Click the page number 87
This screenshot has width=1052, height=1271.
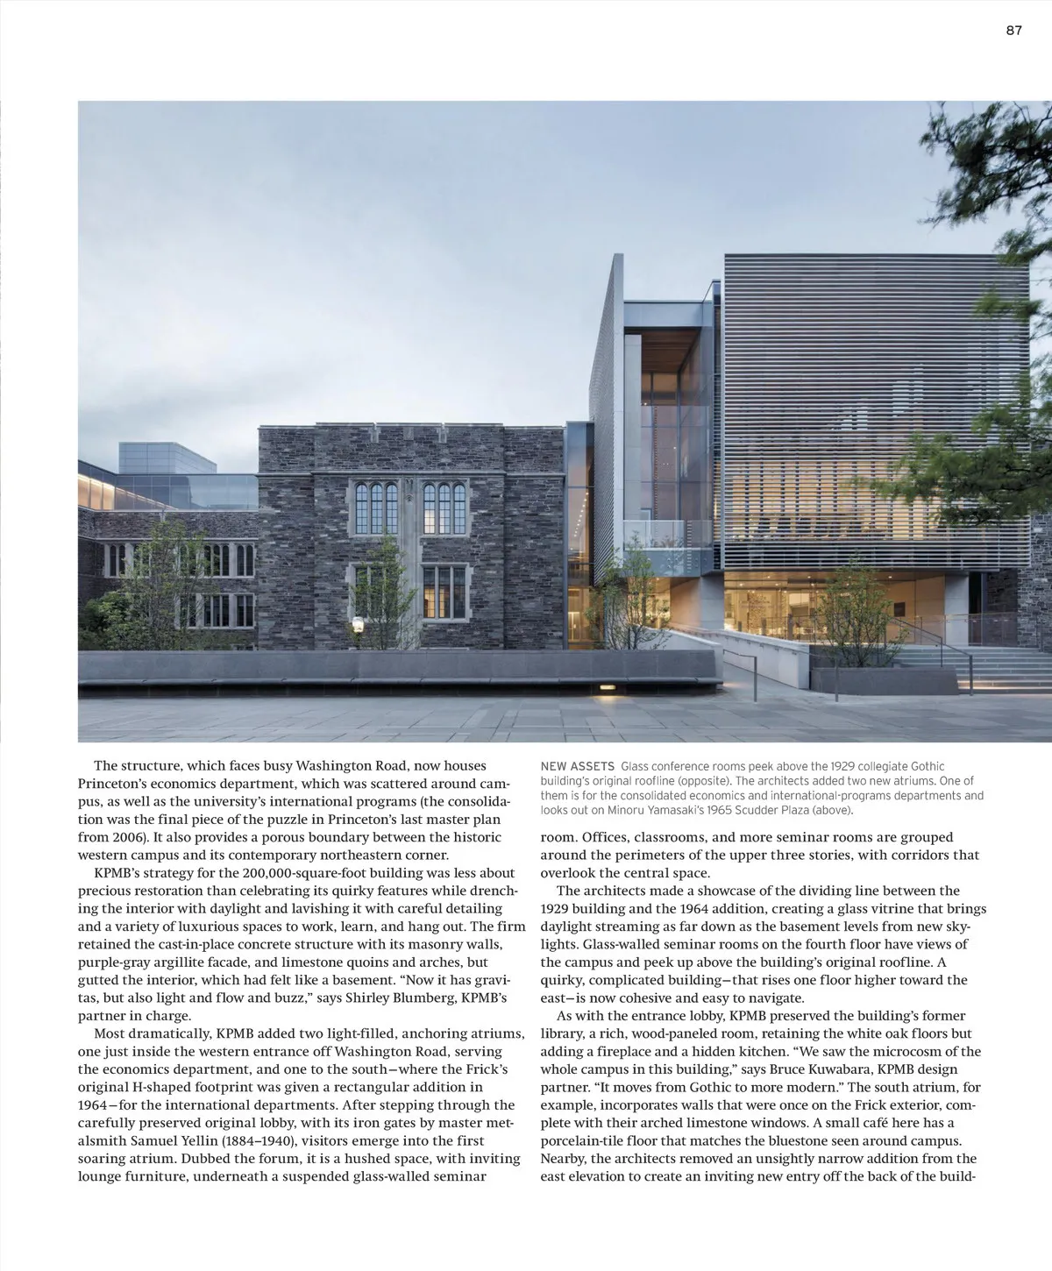pyautogui.click(x=1013, y=30)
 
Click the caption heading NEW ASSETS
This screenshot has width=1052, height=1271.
pyautogui.click(x=577, y=767)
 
